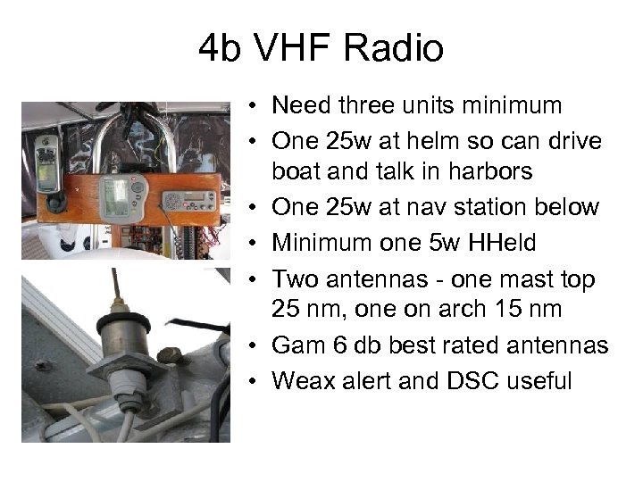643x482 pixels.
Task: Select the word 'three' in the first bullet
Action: tap(375, 106)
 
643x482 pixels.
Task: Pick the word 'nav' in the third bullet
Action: tap(443, 207)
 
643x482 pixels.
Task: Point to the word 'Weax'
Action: tap(300, 381)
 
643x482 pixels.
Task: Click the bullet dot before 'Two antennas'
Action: tap(256, 280)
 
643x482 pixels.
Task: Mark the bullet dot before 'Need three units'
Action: tap(256, 107)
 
